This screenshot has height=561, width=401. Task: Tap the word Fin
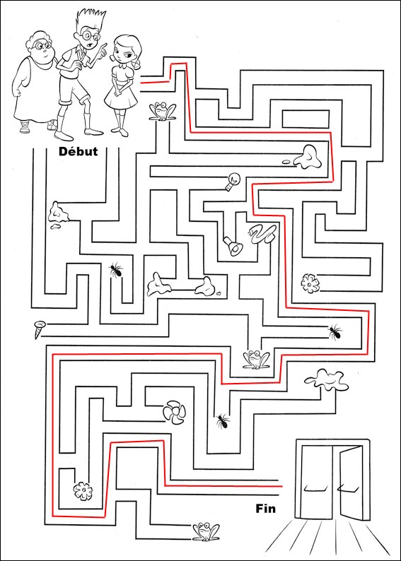point(266,508)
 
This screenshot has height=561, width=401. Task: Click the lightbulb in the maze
point(231,182)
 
